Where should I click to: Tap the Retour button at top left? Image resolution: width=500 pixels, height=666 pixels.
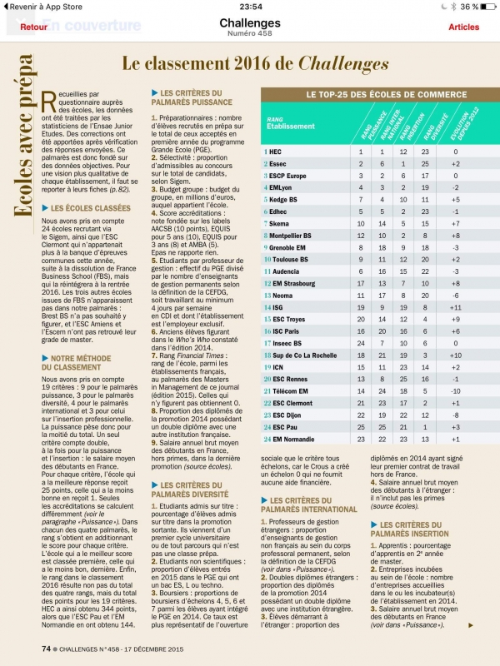(x=33, y=27)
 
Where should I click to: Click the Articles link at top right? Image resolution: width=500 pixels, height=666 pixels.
(x=463, y=27)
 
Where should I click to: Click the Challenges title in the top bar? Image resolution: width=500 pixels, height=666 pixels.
(x=249, y=22)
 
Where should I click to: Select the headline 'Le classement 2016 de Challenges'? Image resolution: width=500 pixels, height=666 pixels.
(x=256, y=64)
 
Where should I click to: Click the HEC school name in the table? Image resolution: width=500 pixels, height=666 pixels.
(x=275, y=152)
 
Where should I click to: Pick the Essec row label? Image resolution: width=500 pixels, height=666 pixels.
(x=278, y=165)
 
